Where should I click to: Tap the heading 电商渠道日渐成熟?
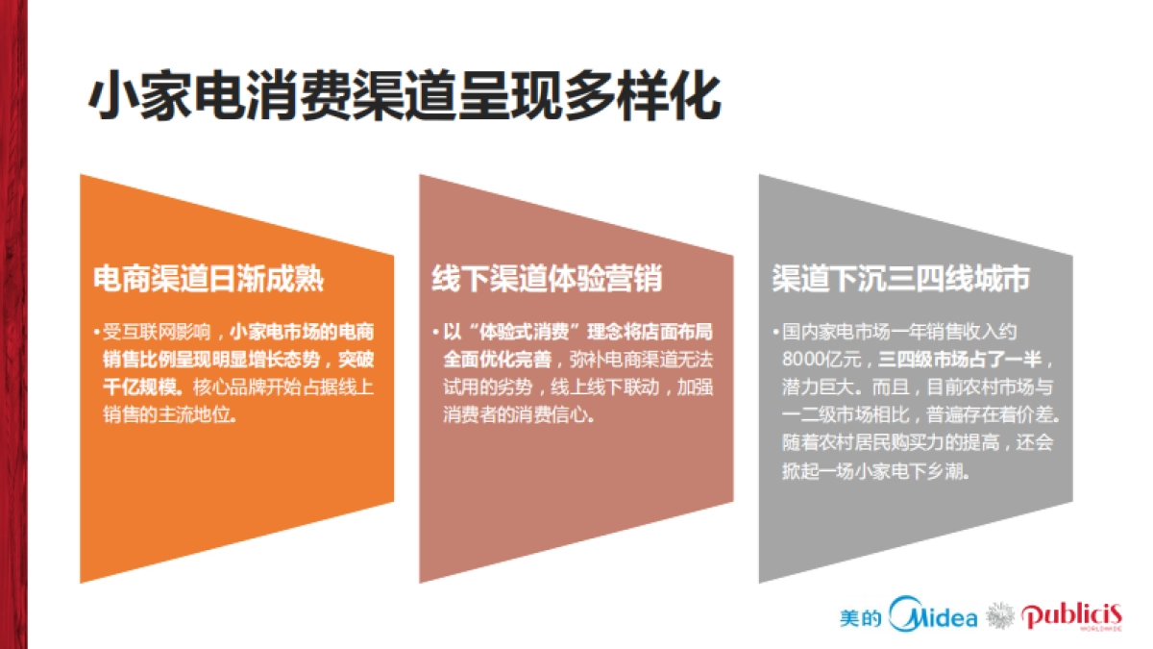[x=209, y=279]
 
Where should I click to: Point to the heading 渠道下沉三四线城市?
[x=901, y=279]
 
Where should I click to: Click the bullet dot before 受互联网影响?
[x=97, y=333]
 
